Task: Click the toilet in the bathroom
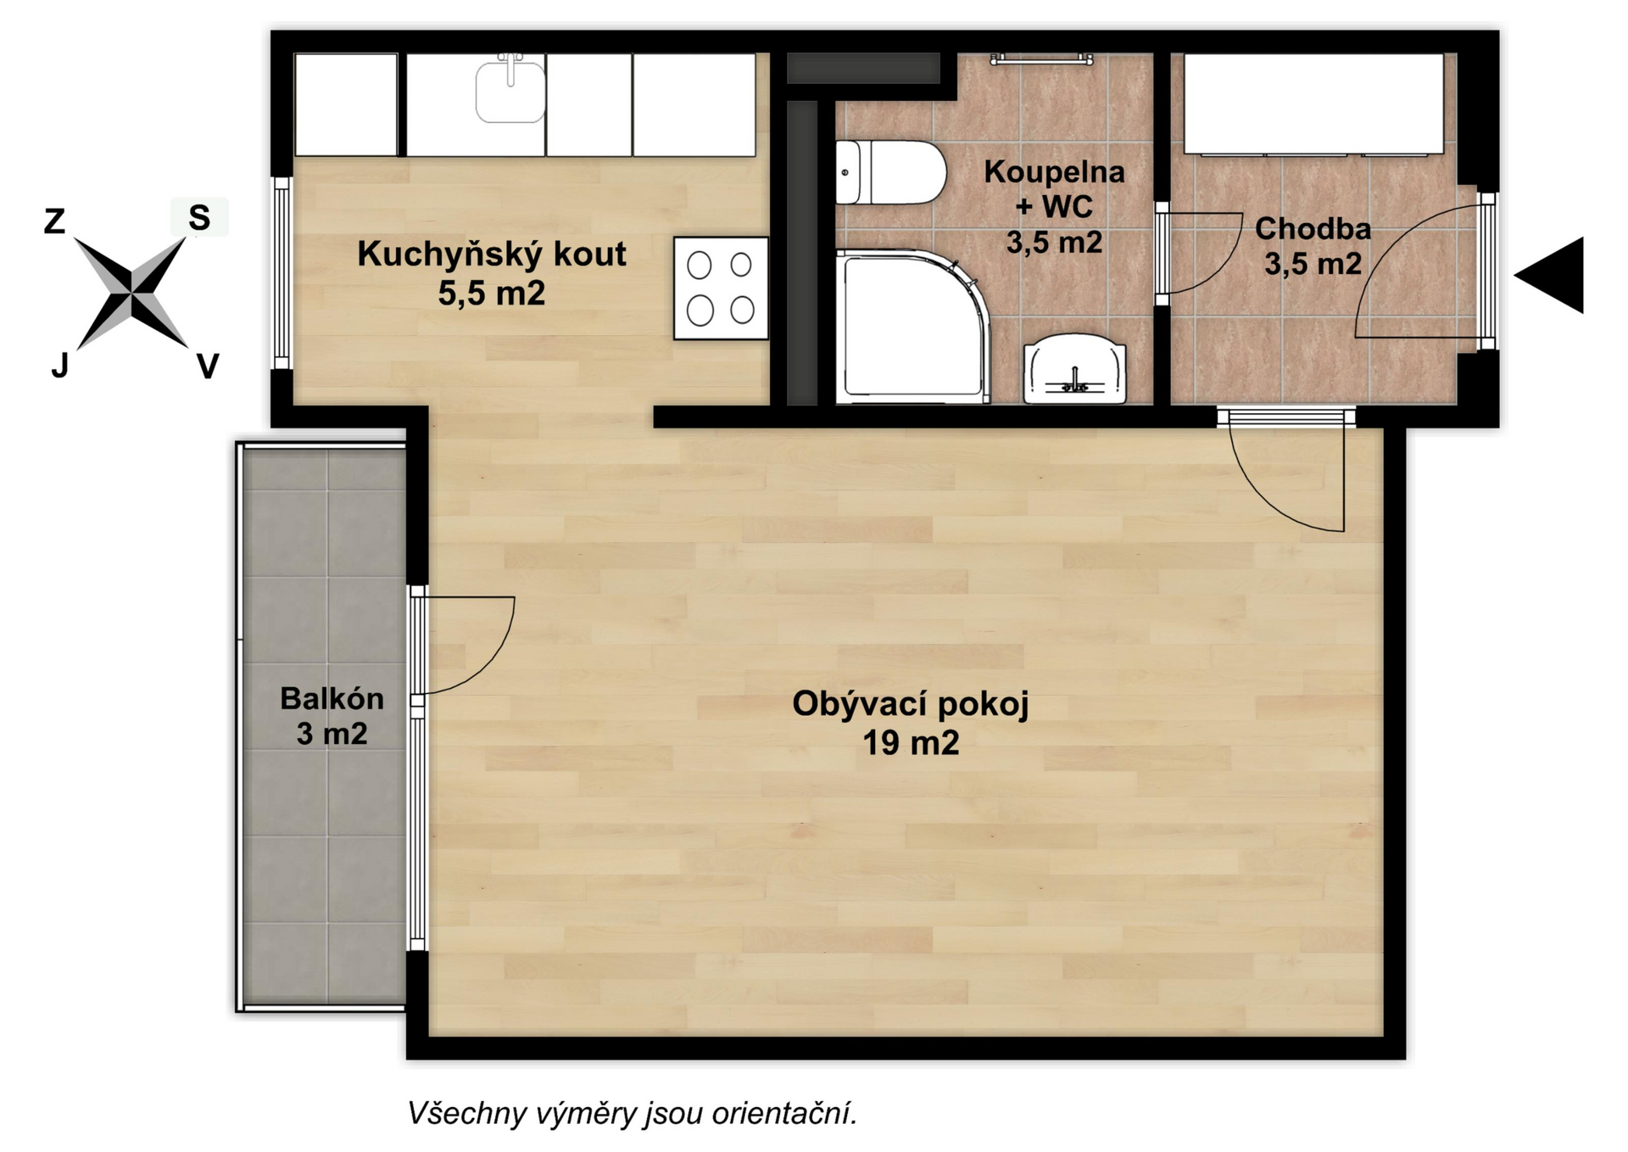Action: [890, 172]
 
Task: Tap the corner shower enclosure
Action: [912, 327]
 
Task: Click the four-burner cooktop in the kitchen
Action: [721, 288]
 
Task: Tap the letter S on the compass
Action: [199, 218]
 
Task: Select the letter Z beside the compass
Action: [54, 221]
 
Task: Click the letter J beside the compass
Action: [59, 365]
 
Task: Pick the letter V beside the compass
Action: [208, 366]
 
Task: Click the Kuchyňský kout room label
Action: [492, 254]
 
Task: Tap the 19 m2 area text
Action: [911, 743]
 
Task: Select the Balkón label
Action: [332, 698]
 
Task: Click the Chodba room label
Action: [1313, 228]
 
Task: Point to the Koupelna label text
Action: [1054, 171]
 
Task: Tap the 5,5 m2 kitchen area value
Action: [492, 293]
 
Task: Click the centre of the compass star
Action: [132, 293]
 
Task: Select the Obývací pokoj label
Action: [911, 704]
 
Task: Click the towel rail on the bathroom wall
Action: [1041, 59]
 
